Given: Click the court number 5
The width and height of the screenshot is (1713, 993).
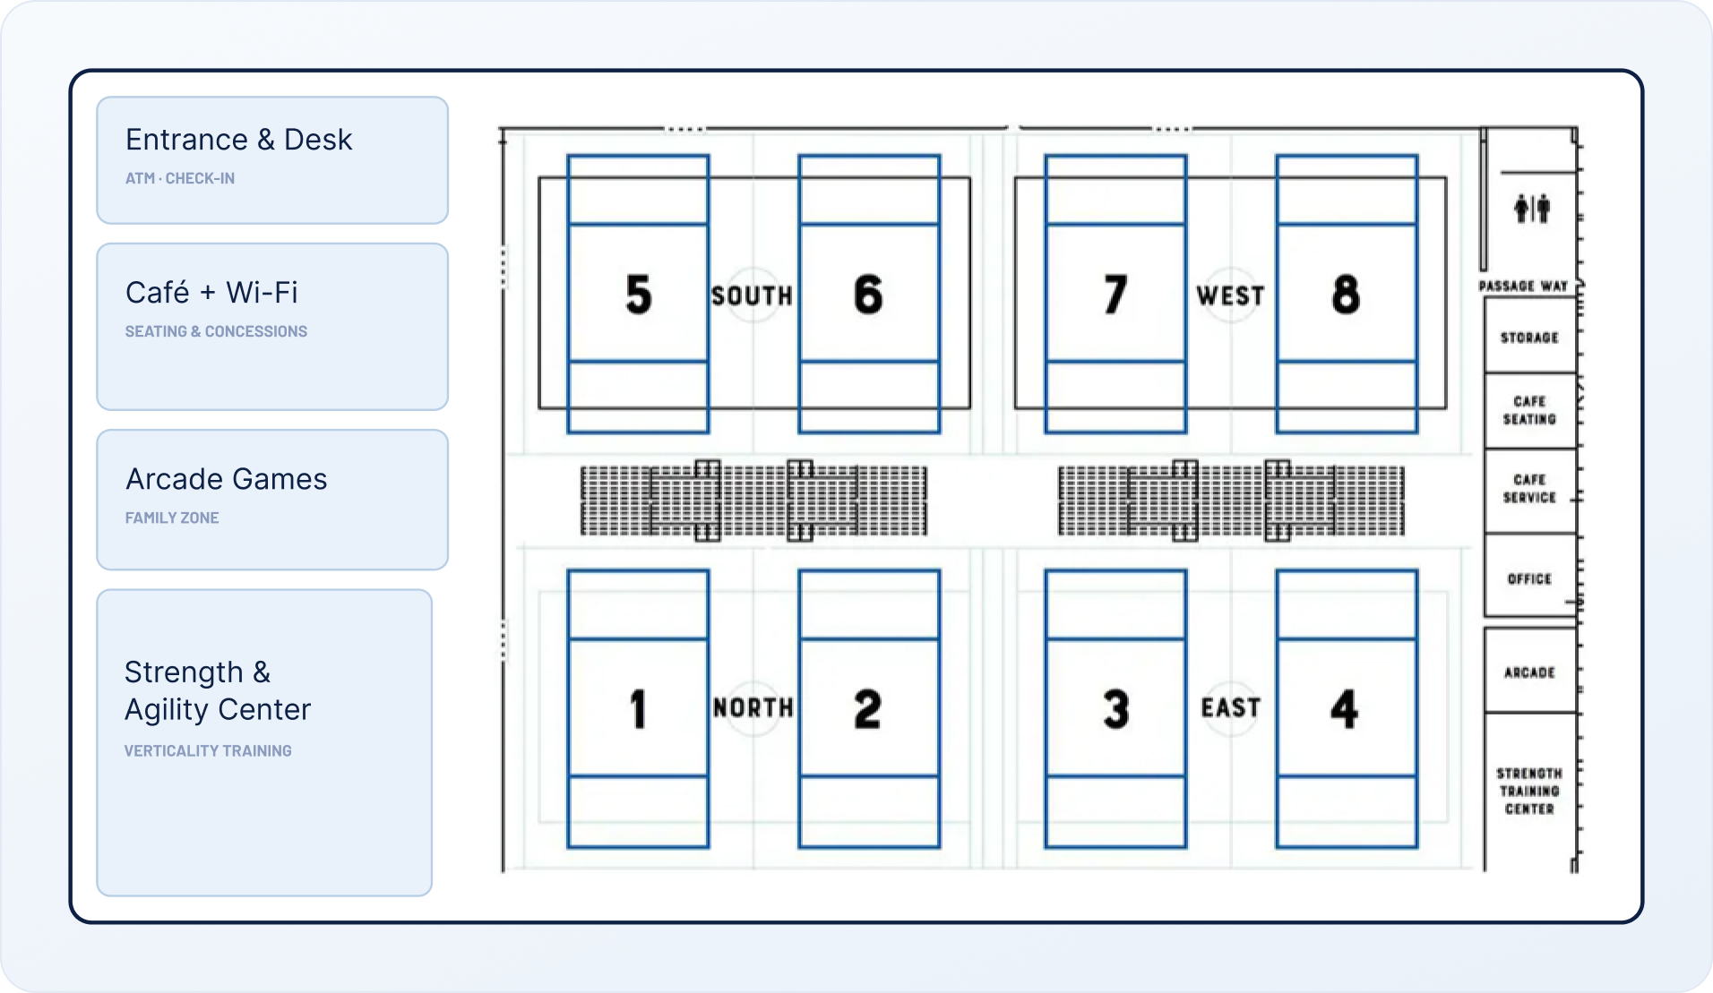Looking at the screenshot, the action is pyautogui.click(x=639, y=295).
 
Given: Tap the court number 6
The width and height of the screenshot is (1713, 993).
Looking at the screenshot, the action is pyautogui.click(x=868, y=295).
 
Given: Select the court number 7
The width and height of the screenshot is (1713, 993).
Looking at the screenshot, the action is pyautogui.click(x=1115, y=295).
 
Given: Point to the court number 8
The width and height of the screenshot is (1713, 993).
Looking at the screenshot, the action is pyautogui.click(x=1346, y=295).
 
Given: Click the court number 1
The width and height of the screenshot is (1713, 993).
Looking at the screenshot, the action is pyautogui.click(x=638, y=709).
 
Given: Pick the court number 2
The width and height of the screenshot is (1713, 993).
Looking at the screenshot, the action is pyautogui.click(x=867, y=709).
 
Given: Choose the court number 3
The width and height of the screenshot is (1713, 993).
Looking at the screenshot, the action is pyautogui.click(x=1116, y=709).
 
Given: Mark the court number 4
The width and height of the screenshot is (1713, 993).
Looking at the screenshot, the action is pyautogui.click(x=1345, y=709).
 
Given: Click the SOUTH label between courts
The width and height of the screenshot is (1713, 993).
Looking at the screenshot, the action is pyautogui.click(x=752, y=295).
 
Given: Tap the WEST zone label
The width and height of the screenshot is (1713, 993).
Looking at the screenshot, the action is pyautogui.click(x=1230, y=295).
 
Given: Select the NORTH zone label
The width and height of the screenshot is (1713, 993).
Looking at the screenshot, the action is pyautogui.click(x=753, y=708).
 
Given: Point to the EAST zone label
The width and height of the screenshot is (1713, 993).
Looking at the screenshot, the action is pyautogui.click(x=1231, y=708).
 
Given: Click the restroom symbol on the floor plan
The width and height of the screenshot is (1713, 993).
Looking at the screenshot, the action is pyautogui.click(x=1532, y=209).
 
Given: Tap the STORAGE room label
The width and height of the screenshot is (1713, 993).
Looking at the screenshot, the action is pyautogui.click(x=1529, y=338).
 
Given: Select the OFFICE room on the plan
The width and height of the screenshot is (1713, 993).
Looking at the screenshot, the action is pyautogui.click(x=1529, y=579).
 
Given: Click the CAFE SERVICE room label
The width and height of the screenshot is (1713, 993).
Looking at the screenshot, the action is pyautogui.click(x=1529, y=489).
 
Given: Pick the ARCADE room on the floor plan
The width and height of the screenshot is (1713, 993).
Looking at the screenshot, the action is pyautogui.click(x=1529, y=672).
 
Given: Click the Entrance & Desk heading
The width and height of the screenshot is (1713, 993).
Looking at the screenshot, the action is pyautogui.click(x=238, y=140).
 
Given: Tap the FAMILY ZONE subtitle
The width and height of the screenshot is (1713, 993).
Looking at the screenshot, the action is pyautogui.click(x=172, y=518).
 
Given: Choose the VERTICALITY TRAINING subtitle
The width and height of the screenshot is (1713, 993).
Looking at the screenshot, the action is pyautogui.click(x=208, y=750).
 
